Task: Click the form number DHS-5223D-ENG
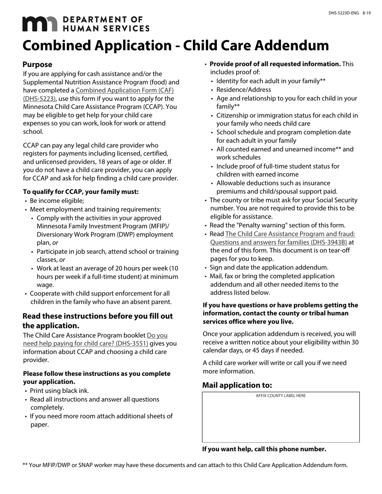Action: [x=344, y=13]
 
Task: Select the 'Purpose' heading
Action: [x=37, y=65]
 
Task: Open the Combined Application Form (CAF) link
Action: [x=125, y=91]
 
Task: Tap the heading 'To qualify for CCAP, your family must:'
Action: [x=81, y=192]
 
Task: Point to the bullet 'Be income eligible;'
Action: [x=57, y=201]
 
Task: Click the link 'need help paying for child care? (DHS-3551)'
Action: [x=86, y=344]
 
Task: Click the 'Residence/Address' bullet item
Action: [x=244, y=90]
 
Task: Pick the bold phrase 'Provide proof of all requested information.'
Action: [x=275, y=64]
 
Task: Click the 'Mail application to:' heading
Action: [x=237, y=386]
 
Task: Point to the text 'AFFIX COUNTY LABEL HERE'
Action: [x=281, y=396]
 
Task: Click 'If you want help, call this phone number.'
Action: [x=264, y=449]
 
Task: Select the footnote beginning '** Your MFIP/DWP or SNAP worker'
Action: [x=185, y=465]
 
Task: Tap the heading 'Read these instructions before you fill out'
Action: [x=98, y=316]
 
